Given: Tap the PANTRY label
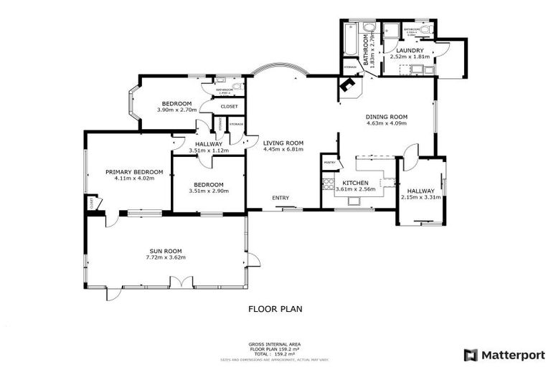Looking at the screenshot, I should click(x=330, y=163).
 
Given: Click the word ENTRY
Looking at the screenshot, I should click(x=280, y=198).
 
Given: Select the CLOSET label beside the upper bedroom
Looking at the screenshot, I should click(x=229, y=106).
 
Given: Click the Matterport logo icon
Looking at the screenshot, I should click(x=471, y=354).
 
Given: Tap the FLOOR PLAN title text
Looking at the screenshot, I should click(x=275, y=310).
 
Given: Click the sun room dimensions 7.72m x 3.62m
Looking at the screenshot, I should click(x=166, y=258).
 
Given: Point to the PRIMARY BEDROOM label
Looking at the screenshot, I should click(x=134, y=172).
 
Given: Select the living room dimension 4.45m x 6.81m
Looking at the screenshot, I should click(x=283, y=149).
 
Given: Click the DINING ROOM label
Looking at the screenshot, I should click(x=386, y=117).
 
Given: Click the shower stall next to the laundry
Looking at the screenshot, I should click(x=392, y=31).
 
